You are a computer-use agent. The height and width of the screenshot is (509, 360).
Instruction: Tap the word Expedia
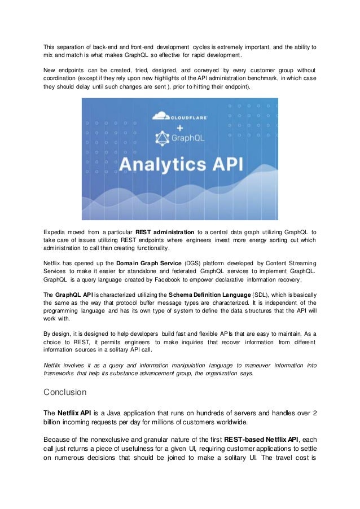56,231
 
